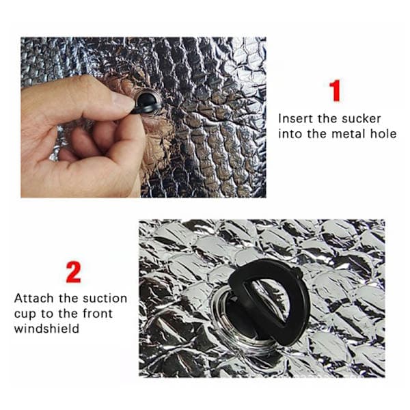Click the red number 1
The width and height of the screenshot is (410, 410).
pyautogui.click(x=336, y=90)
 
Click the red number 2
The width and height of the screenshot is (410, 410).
pyautogui.click(x=74, y=272)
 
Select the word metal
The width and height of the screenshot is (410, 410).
pyautogui.click(x=348, y=134)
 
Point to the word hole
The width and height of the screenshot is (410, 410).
pyautogui.click(x=383, y=134)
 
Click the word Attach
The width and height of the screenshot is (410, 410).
pyautogui.click(x=34, y=299)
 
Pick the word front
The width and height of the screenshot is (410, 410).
pyautogui.click(x=97, y=313)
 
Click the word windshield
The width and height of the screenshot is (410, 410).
pyautogui.click(x=46, y=329)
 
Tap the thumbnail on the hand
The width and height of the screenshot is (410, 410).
pyautogui.click(x=122, y=101)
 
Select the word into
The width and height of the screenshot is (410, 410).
pyautogui.click(x=288, y=134)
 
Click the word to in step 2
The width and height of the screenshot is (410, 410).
pyautogui.click(x=48, y=314)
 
